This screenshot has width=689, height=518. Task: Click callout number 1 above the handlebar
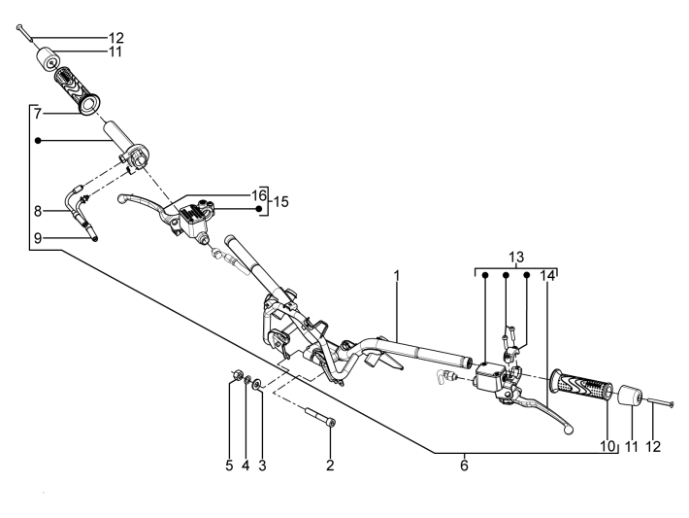coord(397,276)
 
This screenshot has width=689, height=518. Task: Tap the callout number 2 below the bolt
coord(330,466)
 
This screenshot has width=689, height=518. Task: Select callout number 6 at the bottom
coord(465,466)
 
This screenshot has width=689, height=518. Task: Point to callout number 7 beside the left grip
coord(38,114)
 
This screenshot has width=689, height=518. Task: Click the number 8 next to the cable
coord(38,211)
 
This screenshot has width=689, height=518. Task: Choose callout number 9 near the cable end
coord(38,238)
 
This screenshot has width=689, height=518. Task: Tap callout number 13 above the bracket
coord(516,257)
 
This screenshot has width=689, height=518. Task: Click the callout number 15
coord(281,202)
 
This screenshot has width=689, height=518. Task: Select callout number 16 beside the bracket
coord(259,195)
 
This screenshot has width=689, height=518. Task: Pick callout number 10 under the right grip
coord(608,446)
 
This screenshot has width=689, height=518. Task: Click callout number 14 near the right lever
coord(547,276)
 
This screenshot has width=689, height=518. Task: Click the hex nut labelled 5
coord(237,375)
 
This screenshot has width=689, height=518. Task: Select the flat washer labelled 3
coord(257,382)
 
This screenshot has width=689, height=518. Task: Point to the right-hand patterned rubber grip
coord(581,385)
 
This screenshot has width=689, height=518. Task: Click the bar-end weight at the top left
coord(48,58)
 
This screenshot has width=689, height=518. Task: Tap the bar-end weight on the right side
coord(630,395)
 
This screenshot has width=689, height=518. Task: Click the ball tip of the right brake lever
coord(569,430)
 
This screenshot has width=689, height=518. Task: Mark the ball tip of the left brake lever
coord(122,198)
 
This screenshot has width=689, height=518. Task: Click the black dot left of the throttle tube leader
coord(38,140)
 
